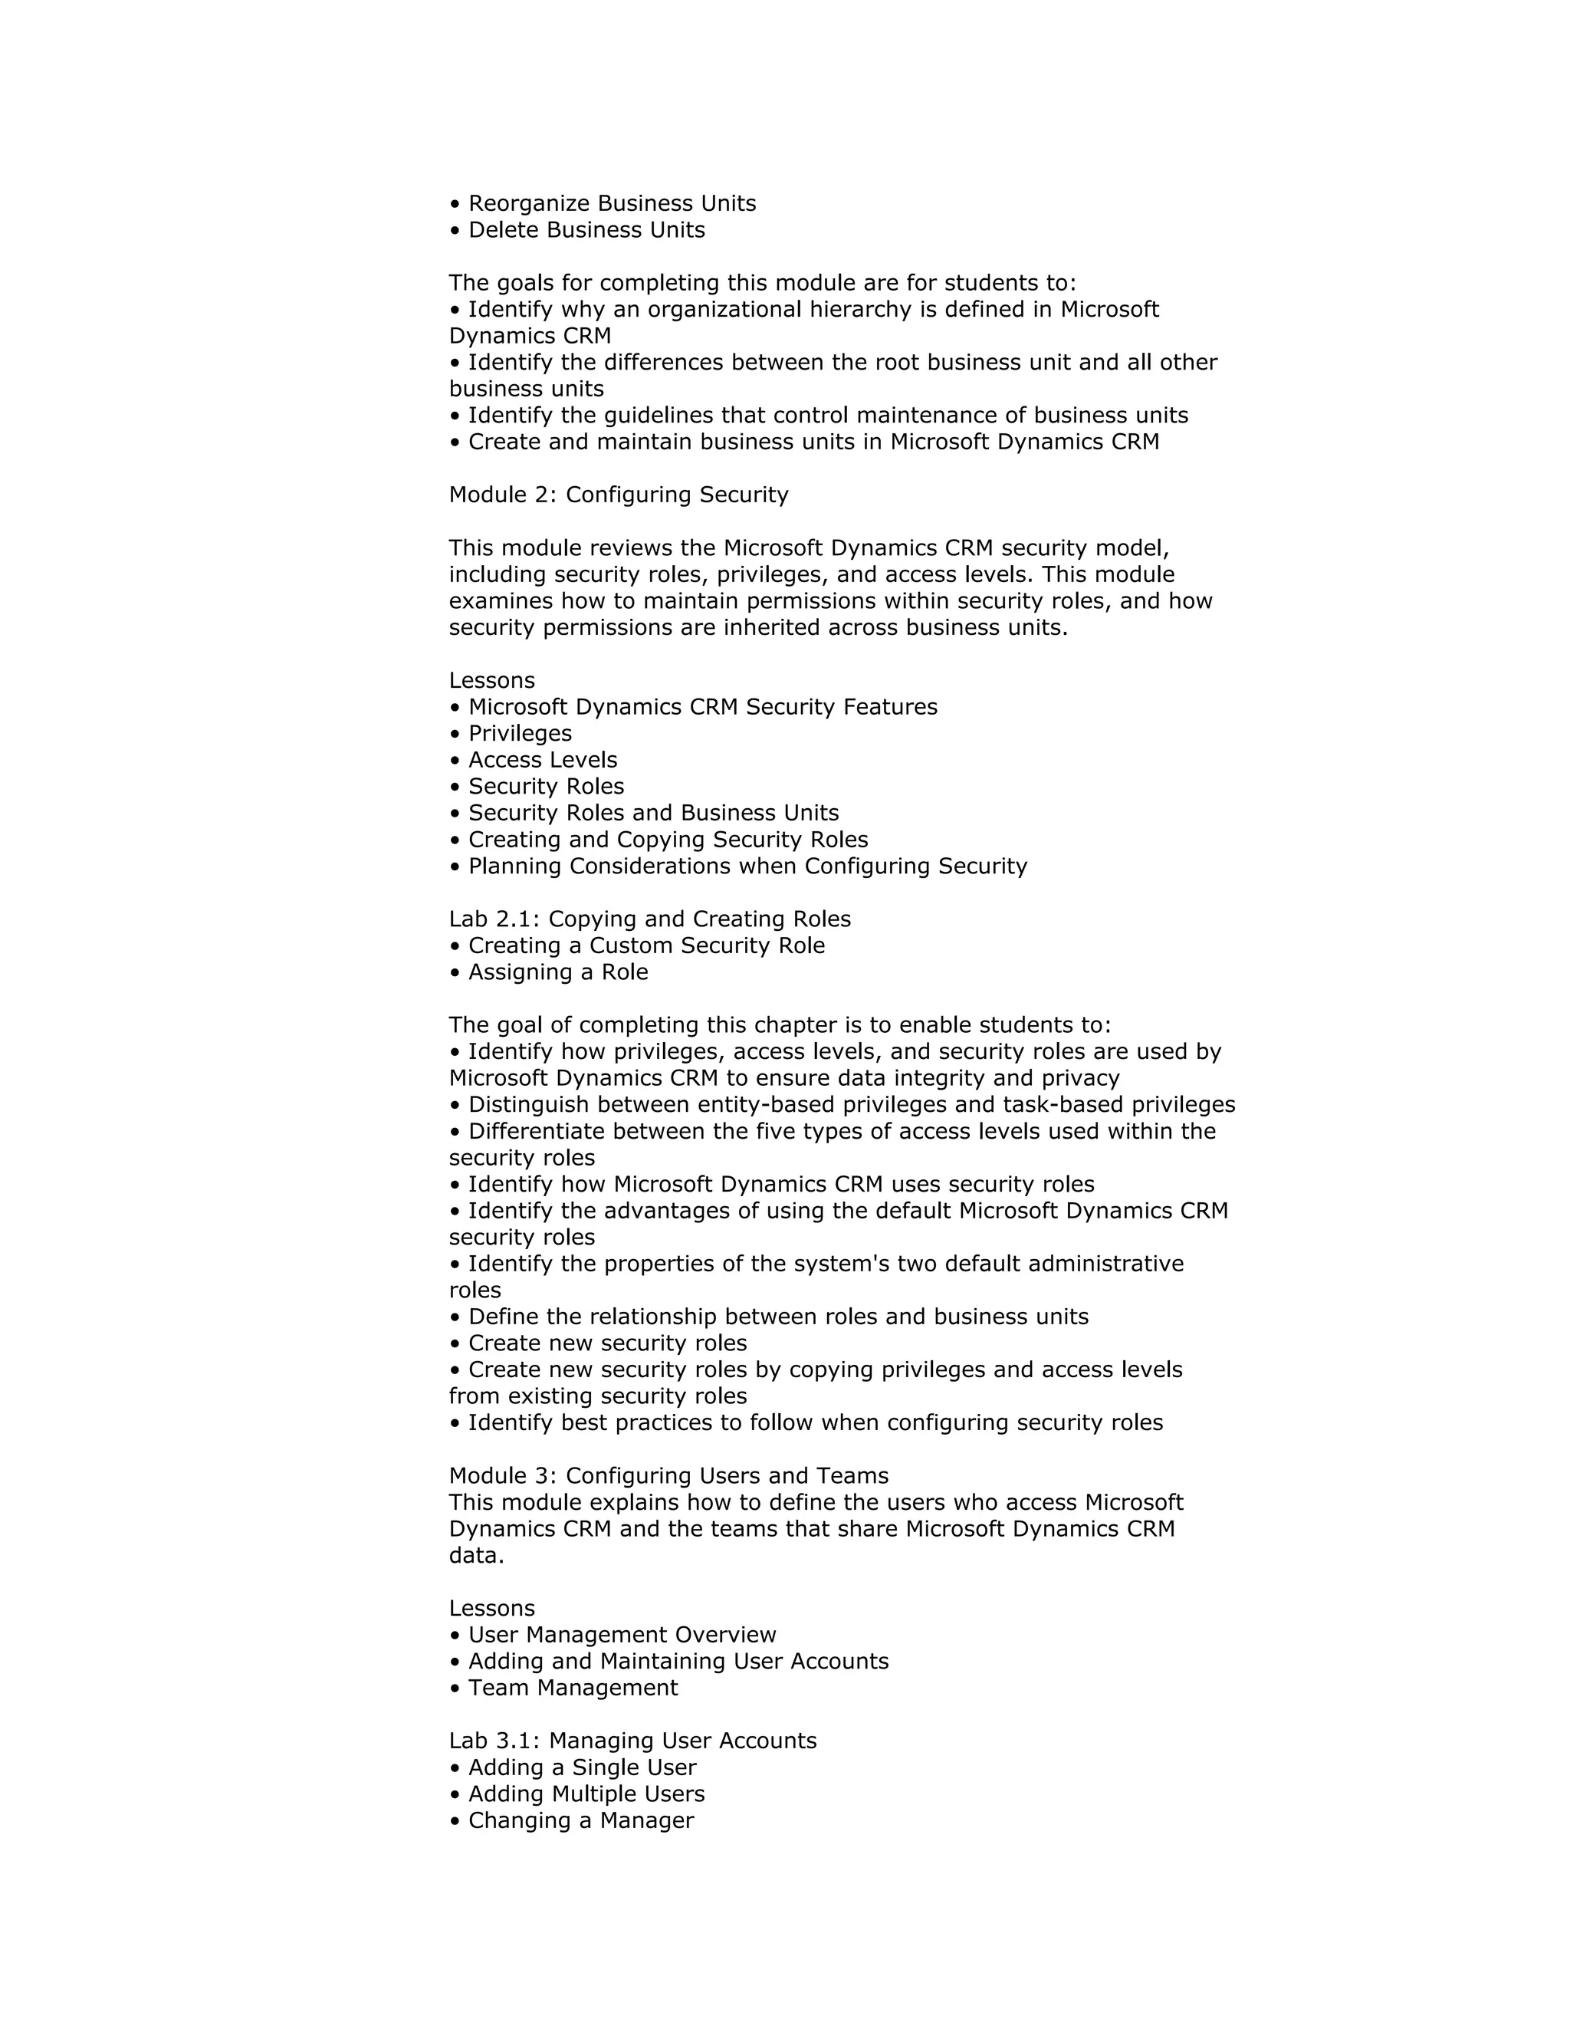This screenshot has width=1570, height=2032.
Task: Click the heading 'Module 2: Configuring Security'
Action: (619, 495)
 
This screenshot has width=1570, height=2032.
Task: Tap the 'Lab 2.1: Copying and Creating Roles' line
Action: (649, 919)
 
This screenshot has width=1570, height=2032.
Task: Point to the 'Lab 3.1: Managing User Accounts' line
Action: (632, 1741)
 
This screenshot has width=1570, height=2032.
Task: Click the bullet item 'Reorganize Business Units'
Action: (611, 204)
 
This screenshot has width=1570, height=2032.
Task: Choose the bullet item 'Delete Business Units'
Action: (586, 230)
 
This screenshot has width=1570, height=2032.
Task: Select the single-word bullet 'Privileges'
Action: (520, 734)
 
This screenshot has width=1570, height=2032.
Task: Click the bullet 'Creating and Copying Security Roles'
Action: (668, 840)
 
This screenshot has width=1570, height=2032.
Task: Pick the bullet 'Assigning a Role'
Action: (558, 972)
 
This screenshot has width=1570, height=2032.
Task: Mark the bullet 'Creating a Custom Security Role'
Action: (646, 946)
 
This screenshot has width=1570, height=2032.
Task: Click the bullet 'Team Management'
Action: (573, 1688)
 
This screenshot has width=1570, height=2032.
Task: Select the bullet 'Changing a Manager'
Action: (580, 1821)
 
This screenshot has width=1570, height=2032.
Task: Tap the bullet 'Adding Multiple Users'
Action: (586, 1795)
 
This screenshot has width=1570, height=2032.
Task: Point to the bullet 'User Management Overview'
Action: (621, 1636)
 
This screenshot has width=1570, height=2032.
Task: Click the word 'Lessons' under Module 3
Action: (492, 1609)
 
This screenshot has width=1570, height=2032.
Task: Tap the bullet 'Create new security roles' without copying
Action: (607, 1343)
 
